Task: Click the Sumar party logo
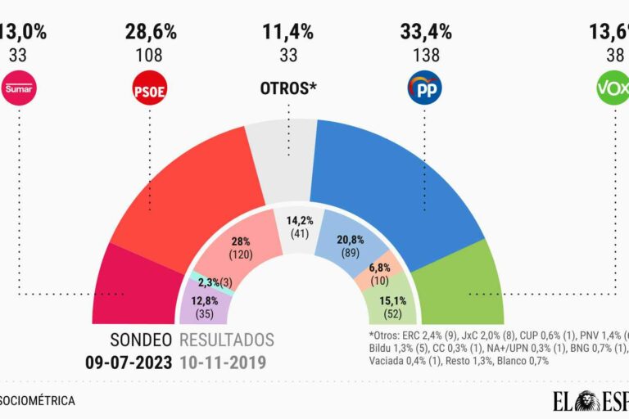click(x=17, y=88)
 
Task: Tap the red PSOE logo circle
click(x=150, y=88)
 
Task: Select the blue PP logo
click(x=424, y=88)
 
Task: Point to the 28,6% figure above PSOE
click(x=150, y=33)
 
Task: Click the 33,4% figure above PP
click(x=424, y=33)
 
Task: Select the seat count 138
click(x=424, y=56)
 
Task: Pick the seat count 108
click(x=150, y=56)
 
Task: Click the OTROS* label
click(x=288, y=88)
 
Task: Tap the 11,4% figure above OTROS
click(x=288, y=33)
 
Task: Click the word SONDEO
click(x=141, y=340)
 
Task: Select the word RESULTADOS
click(x=227, y=340)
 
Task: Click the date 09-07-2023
click(x=129, y=361)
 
